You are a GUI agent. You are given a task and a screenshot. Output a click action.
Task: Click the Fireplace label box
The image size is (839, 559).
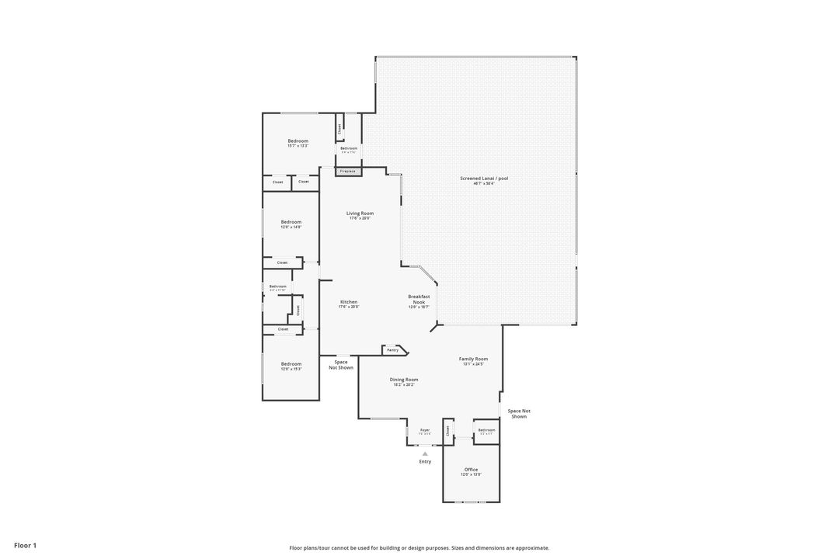(x=348, y=171)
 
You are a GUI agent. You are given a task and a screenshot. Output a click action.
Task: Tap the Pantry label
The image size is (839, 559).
(x=393, y=350)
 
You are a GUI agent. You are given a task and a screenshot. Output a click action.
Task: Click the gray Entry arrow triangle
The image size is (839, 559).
(x=425, y=454)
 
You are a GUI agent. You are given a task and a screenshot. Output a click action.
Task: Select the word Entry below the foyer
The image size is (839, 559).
(x=425, y=462)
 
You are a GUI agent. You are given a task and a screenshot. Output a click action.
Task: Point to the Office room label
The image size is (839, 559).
(x=471, y=470)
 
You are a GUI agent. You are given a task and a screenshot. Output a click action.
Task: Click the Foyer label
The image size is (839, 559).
(x=425, y=430)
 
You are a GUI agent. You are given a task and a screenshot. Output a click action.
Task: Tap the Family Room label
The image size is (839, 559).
(x=473, y=359)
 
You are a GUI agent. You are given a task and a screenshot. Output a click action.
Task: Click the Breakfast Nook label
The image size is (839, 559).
(x=419, y=299)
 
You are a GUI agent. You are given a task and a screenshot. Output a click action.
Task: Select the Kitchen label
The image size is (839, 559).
(x=349, y=302)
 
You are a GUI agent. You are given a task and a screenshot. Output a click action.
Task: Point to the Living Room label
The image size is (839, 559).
(x=360, y=214)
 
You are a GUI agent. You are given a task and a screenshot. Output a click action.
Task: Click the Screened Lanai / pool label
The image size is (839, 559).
(x=484, y=179)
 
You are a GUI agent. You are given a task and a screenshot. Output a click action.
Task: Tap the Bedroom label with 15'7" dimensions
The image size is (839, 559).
(x=298, y=141)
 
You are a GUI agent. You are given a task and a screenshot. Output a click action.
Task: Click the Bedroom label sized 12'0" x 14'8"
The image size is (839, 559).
(x=291, y=222)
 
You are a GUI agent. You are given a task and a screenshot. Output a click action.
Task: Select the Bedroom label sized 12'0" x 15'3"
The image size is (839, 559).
(x=291, y=364)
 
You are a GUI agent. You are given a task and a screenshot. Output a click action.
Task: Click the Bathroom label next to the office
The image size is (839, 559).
(x=487, y=430)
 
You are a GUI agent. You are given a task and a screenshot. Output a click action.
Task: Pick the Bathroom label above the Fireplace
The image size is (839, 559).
(x=349, y=148)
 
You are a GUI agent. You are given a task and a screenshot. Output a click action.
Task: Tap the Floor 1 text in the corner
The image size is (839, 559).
(x=25, y=546)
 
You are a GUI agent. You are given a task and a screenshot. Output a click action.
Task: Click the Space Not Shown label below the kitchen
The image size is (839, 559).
(x=341, y=364)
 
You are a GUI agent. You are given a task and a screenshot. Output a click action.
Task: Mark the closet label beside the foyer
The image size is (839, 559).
(x=447, y=429)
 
